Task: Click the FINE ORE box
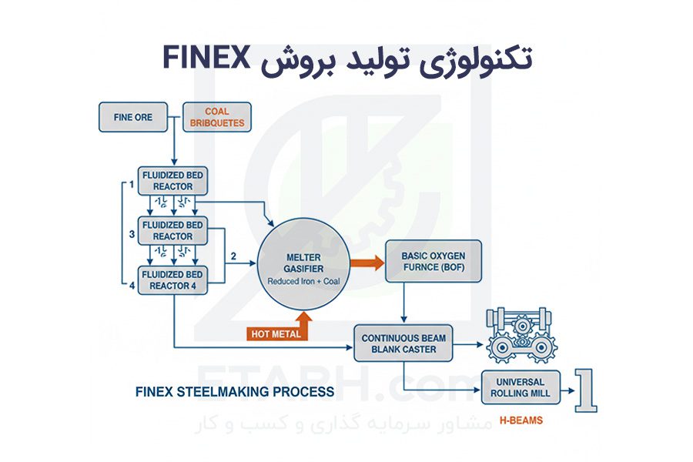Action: [133, 117]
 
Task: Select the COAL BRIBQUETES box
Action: [217, 117]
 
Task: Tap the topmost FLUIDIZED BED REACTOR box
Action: [172, 181]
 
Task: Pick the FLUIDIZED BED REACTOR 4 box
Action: [172, 280]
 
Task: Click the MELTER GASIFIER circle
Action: [303, 264]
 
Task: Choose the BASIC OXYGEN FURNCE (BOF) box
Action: [434, 261]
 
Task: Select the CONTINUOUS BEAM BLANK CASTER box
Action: [403, 343]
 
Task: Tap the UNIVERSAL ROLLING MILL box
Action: [521, 387]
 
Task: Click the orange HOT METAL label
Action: [276, 333]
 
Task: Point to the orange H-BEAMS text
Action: [521, 420]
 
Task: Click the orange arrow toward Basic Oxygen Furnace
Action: [367, 263]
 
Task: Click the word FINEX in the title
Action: [207, 58]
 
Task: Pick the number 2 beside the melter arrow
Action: [233, 256]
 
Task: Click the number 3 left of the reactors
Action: [132, 234]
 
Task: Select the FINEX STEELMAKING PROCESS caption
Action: [235, 392]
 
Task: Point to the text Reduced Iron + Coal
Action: [303, 282]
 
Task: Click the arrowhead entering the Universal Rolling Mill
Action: [477, 390]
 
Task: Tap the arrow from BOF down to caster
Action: [403, 303]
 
